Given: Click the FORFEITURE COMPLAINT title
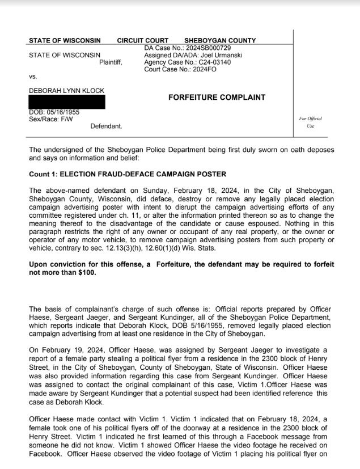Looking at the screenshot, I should pyautogui.click(x=217, y=98).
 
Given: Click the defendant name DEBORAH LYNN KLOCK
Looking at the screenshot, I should pyautogui.click(x=66, y=91).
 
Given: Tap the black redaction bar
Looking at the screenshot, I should pyautogui.click(x=66, y=102).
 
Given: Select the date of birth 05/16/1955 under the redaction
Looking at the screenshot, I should pyautogui.click(x=63, y=112).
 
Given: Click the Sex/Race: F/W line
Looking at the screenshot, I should pyautogui.click(x=46, y=119).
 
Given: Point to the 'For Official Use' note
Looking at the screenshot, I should pyautogui.click(x=310, y=122).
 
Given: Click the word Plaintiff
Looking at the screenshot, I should pyautogui.click(x=111, y=62).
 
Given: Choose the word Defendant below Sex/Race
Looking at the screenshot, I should pyautogui.click(x=106, y=126).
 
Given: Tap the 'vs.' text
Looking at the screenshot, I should pyautogui.click(x=33, y=76).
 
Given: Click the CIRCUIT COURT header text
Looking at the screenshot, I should pyautogui.click(x=142, y=41).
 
